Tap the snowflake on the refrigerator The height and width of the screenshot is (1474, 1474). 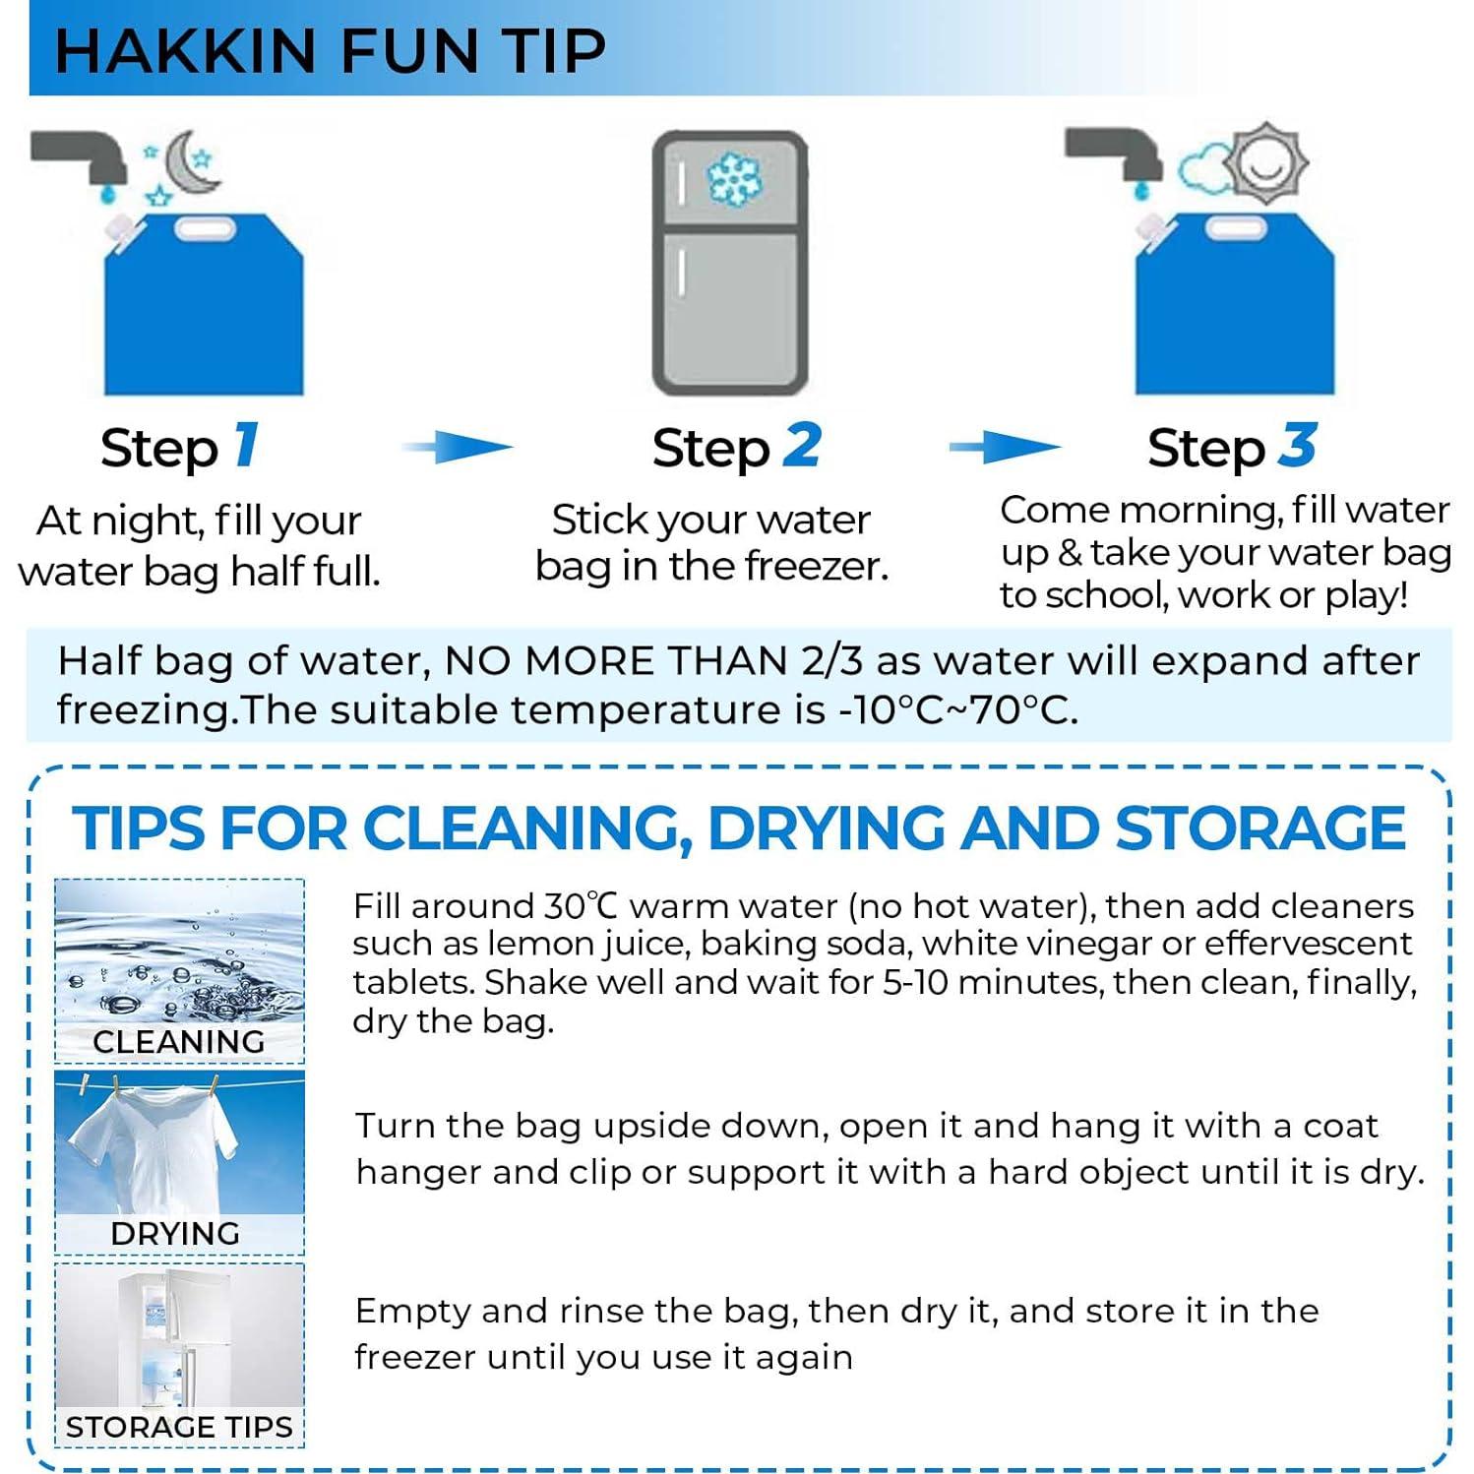click(x=733, y=179)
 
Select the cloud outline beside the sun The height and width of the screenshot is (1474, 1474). click(x=1202, y=170)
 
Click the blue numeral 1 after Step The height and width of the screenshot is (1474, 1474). click(x=246, y=445)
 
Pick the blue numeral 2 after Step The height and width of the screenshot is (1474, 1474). click(x=802, y=445)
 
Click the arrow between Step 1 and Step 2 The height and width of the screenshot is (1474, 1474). click(x=459, y=447)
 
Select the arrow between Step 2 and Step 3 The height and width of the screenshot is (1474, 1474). click(x=1005, y=447)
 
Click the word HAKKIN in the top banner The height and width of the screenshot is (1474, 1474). click(x=185, y=51)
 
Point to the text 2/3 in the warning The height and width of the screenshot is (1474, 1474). click(x=831, y=661)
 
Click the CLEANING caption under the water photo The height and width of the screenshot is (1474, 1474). click(x=179, y=1041)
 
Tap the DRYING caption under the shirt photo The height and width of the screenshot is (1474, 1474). click(x=175, y=1233)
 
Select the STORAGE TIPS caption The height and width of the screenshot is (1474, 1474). click(x=179, y=1427)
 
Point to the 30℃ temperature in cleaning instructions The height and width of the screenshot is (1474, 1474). click(x=581, y=905)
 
